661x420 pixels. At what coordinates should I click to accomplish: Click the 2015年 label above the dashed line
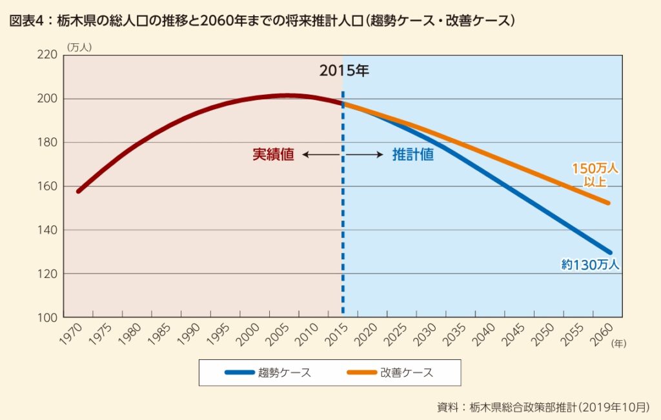343,71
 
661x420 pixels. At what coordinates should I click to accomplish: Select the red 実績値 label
273,155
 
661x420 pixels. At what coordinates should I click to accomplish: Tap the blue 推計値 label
412,155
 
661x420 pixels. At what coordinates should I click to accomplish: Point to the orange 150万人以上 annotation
595,174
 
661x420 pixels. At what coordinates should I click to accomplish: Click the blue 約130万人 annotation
590,264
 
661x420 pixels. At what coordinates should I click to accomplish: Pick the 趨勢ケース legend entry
268,372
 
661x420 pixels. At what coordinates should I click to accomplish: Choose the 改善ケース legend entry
389,372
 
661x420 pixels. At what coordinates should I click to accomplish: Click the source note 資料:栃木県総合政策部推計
543,407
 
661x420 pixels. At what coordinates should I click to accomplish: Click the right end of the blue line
609,252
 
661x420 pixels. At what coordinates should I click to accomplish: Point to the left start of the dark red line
78,192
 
